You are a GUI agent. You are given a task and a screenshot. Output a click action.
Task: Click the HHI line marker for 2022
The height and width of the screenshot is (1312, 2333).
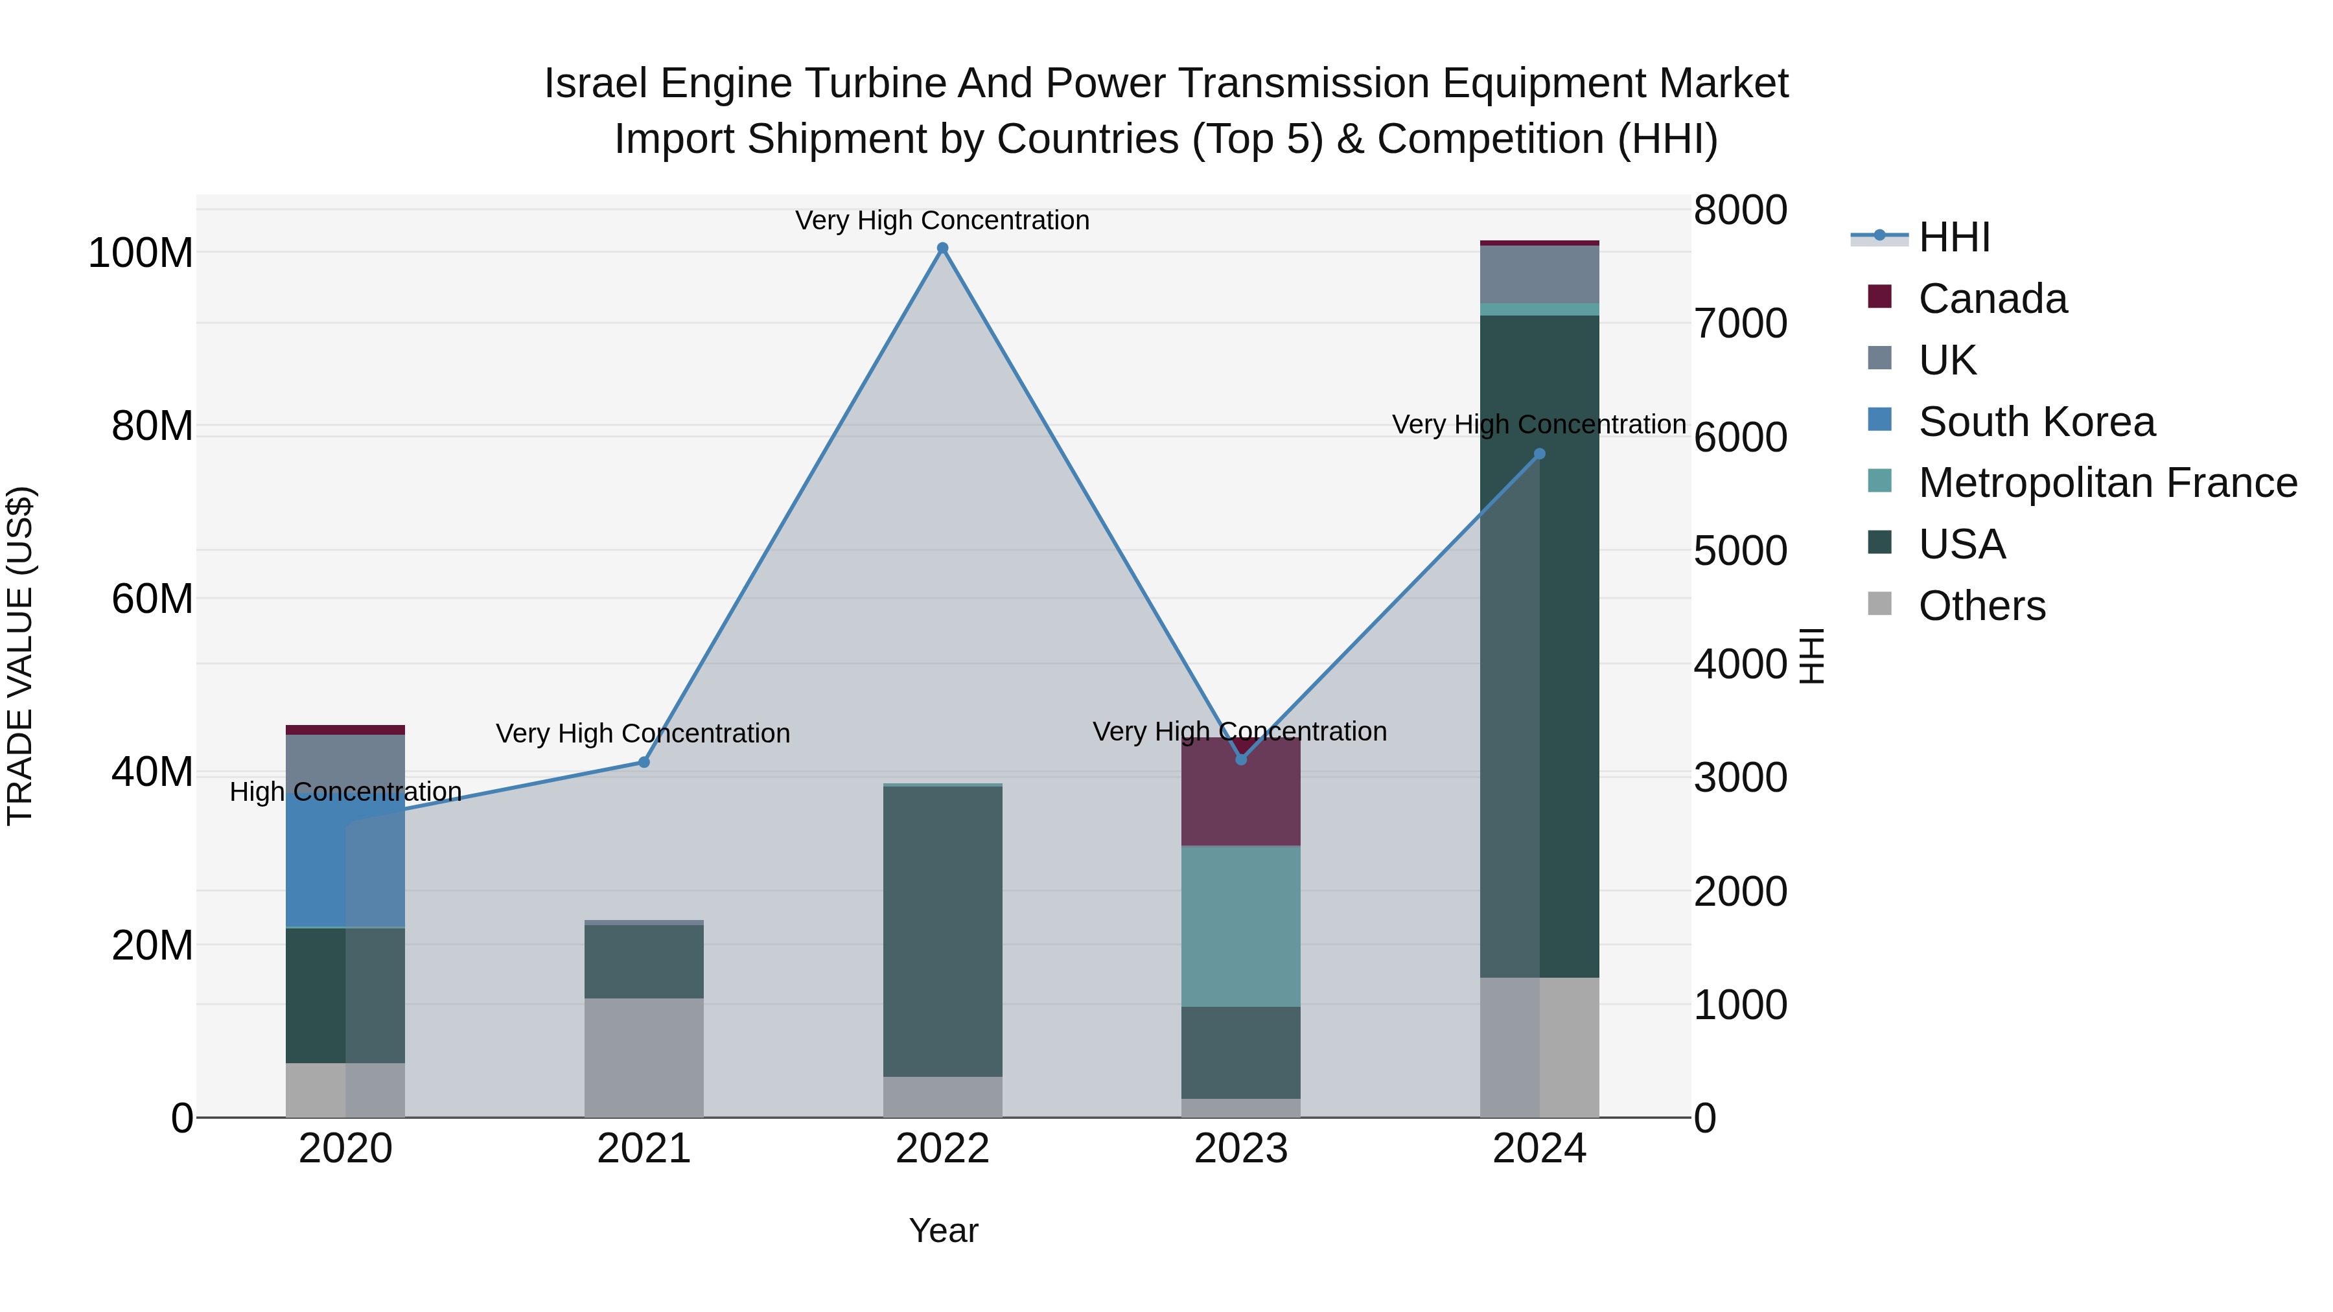point(942,248)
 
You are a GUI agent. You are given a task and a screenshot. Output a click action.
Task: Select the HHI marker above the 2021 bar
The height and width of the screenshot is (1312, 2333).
point(644,763)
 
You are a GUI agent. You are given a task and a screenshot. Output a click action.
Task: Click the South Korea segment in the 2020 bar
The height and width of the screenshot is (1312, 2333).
point(345,860)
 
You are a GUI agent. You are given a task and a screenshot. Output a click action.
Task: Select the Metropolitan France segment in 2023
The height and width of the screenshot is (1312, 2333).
point(1241,925)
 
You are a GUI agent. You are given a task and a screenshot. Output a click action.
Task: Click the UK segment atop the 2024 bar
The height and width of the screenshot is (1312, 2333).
point(1538,273)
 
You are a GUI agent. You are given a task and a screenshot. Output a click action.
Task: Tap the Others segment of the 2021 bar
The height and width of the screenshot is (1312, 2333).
point(644,1057)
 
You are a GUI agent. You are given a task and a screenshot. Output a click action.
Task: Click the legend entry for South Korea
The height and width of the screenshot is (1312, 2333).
point(2036,422)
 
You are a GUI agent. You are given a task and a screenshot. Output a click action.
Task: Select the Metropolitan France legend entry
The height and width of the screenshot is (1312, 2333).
point(2107,483)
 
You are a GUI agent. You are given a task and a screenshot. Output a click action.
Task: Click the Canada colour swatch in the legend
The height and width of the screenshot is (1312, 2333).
point(1879,297)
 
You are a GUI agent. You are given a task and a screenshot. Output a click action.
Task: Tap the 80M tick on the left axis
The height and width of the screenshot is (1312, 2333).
point(152,426)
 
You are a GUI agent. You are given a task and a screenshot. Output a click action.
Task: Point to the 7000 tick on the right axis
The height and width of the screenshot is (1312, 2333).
point(1740,324)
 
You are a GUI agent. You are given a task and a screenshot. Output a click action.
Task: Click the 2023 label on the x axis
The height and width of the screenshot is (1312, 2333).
point(1241,1149)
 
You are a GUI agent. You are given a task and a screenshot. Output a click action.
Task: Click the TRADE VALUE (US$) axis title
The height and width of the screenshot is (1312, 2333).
point(20,656)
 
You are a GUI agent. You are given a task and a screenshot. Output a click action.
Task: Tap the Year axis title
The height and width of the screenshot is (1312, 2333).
point(943,1230)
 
